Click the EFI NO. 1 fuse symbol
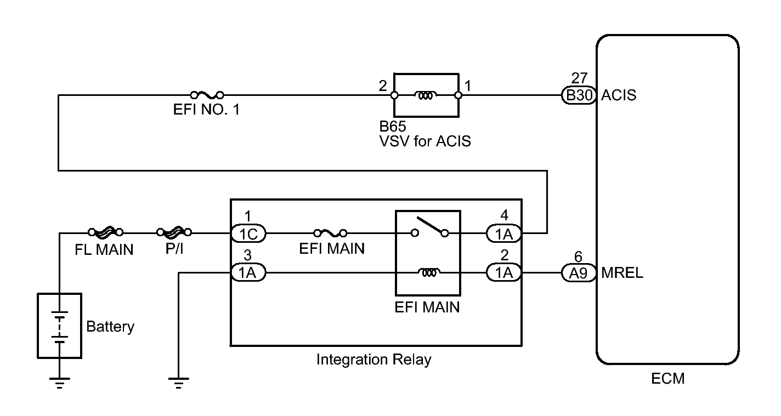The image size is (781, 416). (207, 95)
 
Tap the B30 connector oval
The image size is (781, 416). (579, 95)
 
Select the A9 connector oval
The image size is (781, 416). (579, 273)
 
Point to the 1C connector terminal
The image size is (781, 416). (248, 233)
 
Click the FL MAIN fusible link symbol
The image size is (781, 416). (106, 232)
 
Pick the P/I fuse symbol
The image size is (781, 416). (174, 232)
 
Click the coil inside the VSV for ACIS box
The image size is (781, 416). (426, 95)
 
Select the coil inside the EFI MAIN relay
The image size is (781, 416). (429, 272)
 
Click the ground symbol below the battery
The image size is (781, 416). (60, 383)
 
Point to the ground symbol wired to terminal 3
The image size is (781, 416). (178, 383)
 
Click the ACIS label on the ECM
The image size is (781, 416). (619, 95)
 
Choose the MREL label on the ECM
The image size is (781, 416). (622, 273)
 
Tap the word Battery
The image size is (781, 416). (110, 327)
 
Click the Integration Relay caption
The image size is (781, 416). (373, 360)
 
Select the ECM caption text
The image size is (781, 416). (667, 378)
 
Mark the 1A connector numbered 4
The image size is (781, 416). (504, 234)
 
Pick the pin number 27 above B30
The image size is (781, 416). (579, 78)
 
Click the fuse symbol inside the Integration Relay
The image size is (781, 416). (330, 233)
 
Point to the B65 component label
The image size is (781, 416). (393, 126)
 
